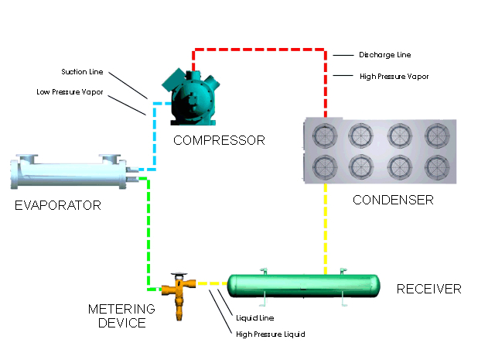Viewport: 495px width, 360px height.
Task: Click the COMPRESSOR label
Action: [x=219, y=140]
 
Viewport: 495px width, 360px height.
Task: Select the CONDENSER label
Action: [x=393, y=200]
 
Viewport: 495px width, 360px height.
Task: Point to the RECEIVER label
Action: [x=428, y=289]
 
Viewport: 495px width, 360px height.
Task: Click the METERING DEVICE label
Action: [x=121, y=316]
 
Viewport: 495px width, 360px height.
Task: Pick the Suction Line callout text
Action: [x=82, y=72]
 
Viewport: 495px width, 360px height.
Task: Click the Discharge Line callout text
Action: [x=384, y=55]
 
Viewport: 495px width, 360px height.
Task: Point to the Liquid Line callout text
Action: [x=255, y=317]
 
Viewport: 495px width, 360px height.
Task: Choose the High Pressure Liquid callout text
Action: [x=270, y=334]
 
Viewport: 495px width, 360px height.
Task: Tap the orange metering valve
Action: [x=177, y=293]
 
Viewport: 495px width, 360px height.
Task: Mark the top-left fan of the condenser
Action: [x=324, y=134]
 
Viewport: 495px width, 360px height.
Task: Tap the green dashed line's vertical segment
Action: [x=147, y=232]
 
